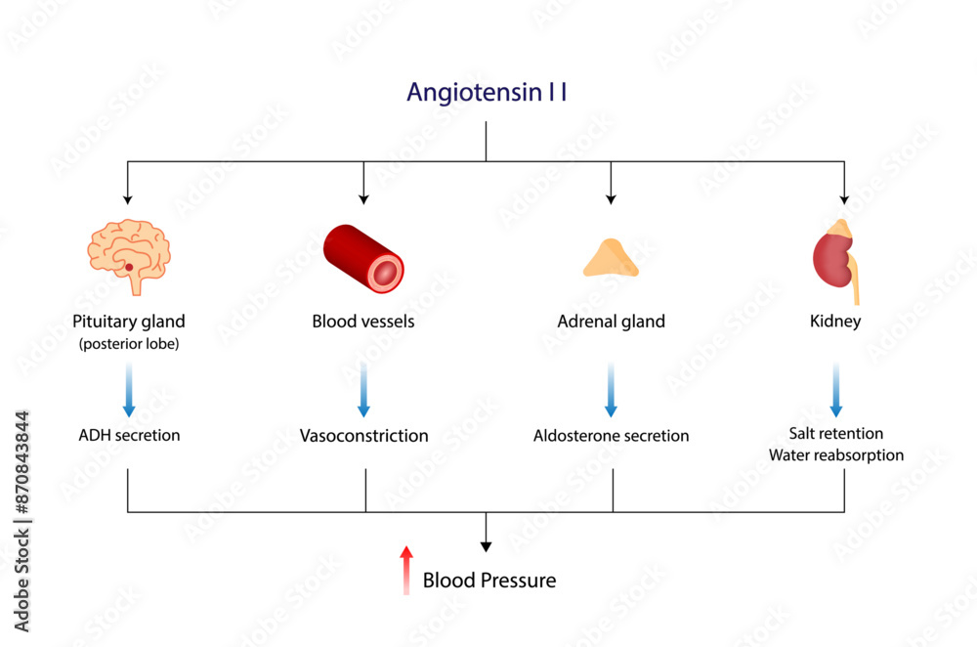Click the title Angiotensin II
(x=487, y=93)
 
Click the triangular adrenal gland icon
(x=611, y=259)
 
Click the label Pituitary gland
(x=129, y=321)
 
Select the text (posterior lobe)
(x=129, y=343)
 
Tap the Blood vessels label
(x=363, y=321)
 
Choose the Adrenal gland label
(x=611, y=321)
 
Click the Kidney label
(x=835, y=321)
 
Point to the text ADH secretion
(x=129, y=435)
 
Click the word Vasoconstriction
(x=363, y=436)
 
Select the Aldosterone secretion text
(x=611, y=436)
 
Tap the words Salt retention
(x=835, y=433)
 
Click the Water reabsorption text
(x=835, y=455)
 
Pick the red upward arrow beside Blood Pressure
(x=406, y=571)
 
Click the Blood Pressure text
(x=488, y=581)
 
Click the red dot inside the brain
(x=129, y=267)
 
